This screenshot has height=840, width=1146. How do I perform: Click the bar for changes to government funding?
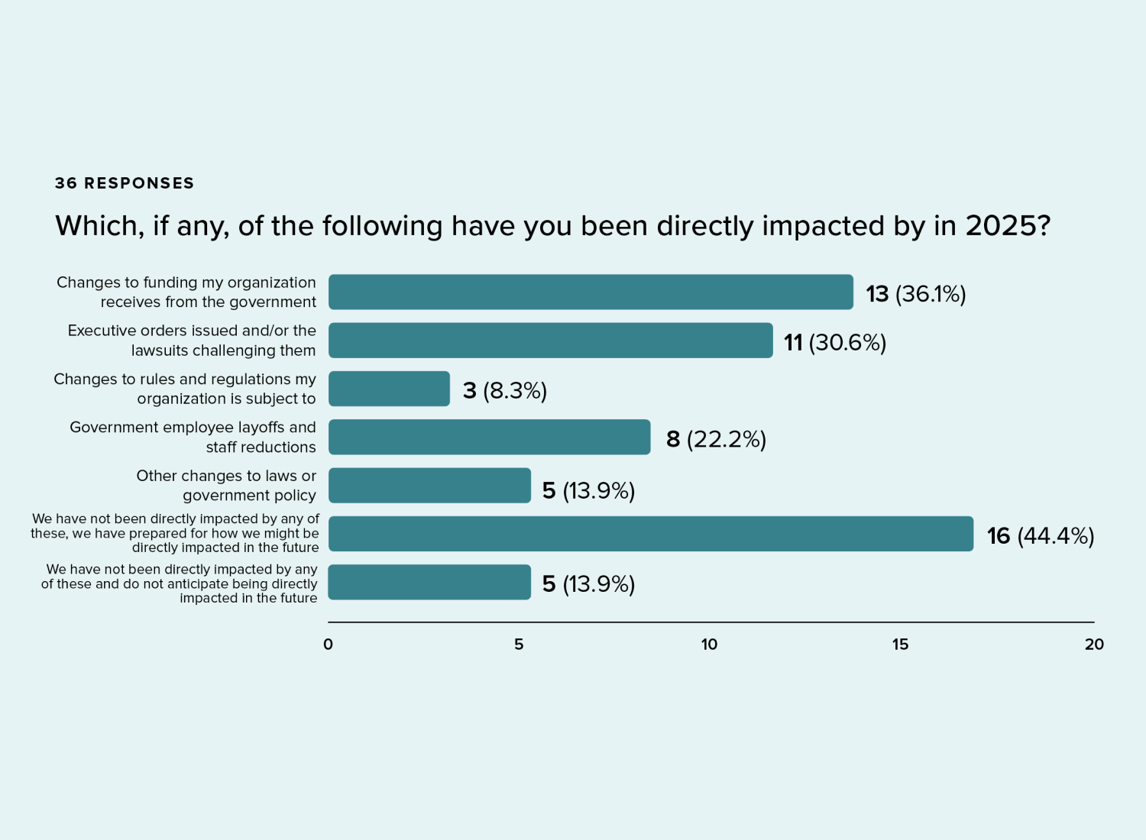591,292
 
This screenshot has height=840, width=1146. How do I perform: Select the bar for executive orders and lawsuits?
551,341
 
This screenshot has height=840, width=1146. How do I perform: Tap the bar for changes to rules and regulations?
389,389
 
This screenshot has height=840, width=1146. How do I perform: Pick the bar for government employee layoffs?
490,437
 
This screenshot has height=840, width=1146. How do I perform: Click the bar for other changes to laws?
429,486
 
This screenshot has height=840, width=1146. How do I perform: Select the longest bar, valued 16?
651,534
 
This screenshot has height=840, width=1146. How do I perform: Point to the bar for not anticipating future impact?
429,582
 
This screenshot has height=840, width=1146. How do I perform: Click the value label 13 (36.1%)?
915,294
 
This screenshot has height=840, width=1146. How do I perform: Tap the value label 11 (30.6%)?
835,342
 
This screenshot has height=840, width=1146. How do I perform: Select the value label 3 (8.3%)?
505,390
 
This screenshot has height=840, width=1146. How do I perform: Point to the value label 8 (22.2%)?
716,439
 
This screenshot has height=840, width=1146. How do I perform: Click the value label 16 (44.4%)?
1040,536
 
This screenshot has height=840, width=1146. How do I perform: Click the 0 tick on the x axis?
328,645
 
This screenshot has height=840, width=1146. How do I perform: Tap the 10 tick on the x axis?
709,645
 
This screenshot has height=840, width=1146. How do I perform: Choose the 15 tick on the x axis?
900,645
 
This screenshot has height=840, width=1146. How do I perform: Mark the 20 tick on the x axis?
1094,645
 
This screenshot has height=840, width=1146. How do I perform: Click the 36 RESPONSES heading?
125,183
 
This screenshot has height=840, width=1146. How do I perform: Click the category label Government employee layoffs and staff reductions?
193,437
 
